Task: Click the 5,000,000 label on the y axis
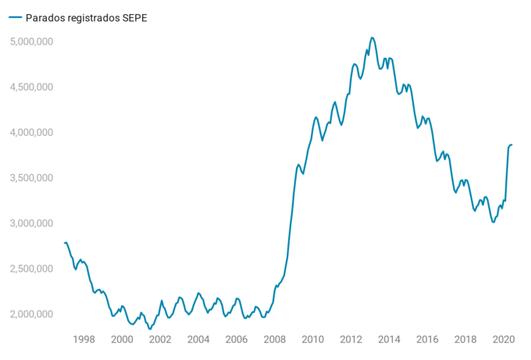tap(30, 41)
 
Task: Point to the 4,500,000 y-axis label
tap(30, 87)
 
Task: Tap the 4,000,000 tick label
tap(30, 132)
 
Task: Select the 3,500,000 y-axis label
tap(30, 178)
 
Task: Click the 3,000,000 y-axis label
tap(30, 223)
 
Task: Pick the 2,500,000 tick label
tap(30, 269)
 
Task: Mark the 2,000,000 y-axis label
tap(30, 314)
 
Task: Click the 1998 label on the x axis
tap(84, 340)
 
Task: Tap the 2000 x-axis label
tap(122, 340)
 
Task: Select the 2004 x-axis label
tap(198, 340)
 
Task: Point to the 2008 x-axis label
tap(274, 340)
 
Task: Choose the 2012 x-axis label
tap(351, 340)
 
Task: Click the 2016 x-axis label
tap(427, 340)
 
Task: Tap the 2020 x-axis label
tap(504, 340)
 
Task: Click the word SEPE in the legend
tap(130, 17)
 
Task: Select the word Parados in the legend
tap(44, 17)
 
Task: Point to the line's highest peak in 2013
tap(372, 37)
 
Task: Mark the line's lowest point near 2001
tap(150, 329)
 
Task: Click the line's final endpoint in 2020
tap(512, 144)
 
